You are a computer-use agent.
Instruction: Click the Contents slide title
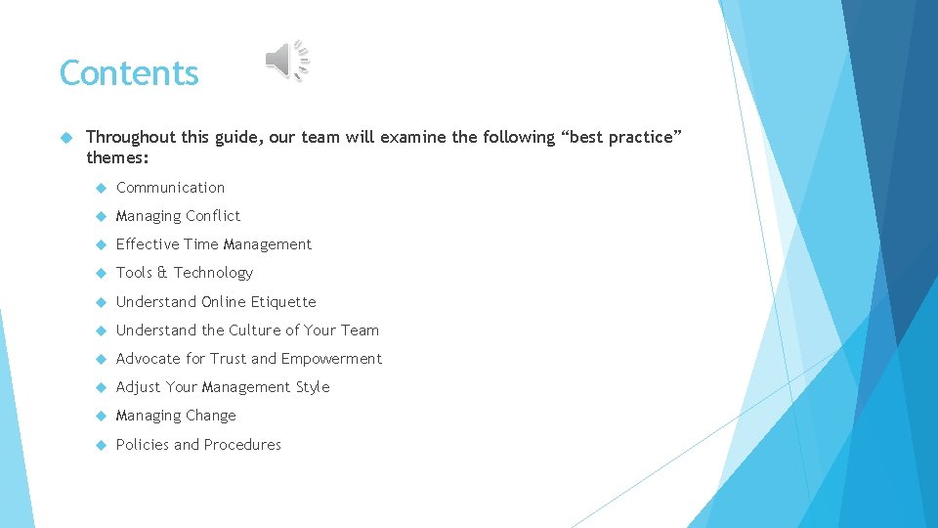129,73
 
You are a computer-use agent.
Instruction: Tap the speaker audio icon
286,62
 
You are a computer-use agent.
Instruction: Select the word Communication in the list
170,188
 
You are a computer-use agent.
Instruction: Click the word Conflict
213,216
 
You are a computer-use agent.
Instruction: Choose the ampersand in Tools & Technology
162,273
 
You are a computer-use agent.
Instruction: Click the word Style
313,387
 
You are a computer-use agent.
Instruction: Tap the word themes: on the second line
116,156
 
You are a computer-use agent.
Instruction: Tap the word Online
224,302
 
